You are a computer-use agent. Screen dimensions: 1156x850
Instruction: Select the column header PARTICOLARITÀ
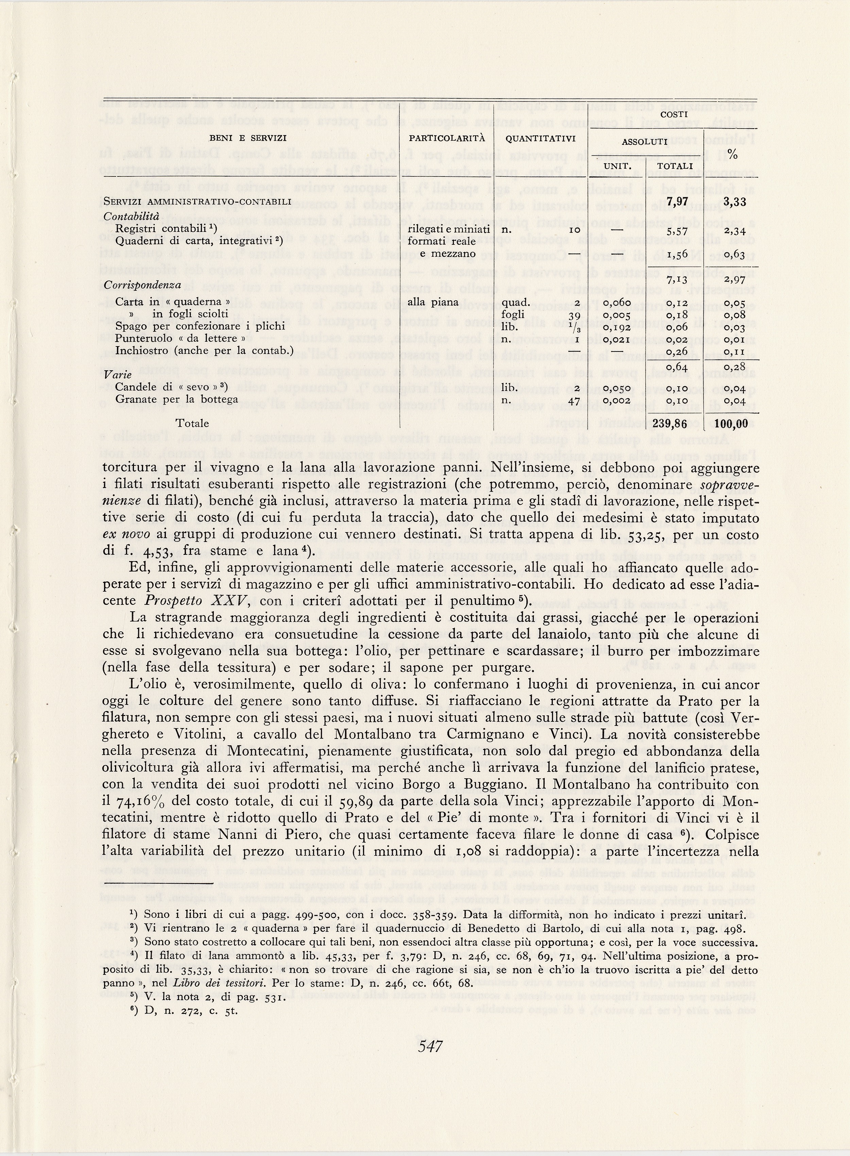point(447,138)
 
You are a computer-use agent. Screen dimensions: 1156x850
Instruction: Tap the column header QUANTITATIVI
point(540,138)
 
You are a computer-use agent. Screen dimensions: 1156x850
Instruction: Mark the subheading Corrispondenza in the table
point(142,285)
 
